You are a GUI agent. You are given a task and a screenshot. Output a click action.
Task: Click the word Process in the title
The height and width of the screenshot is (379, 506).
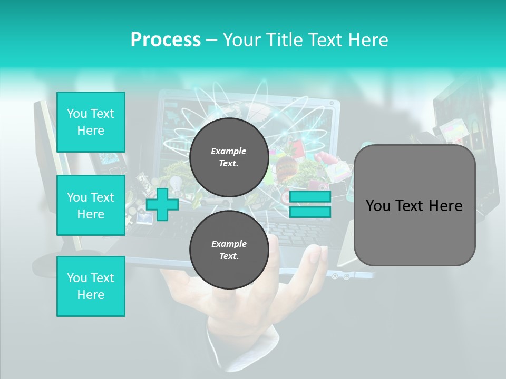click(x=166, y=40)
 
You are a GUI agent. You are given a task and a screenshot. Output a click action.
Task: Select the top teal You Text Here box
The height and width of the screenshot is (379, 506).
click(x=91, y=122)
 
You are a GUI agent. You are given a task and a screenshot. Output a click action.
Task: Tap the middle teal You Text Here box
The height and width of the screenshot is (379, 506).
click(x=91, y=205)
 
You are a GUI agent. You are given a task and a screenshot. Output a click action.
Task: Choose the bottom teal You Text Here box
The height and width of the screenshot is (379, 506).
click(x=91, y=286)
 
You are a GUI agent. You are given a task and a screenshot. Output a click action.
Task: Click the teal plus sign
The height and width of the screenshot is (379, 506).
click(x=162, y=204)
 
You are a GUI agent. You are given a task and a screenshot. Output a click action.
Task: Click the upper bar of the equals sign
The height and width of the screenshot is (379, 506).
click(x=310, y=197)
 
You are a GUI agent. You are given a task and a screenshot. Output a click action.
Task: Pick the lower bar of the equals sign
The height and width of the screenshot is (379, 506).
click(x=310, y=212)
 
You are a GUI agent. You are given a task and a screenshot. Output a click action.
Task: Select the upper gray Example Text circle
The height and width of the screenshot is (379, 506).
click(x=229, y=157)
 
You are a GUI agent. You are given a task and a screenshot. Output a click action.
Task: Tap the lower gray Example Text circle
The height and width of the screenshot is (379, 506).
click(x=229, y=250)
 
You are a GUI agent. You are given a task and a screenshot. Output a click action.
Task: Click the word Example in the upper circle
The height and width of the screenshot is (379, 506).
click(x=229, y=151)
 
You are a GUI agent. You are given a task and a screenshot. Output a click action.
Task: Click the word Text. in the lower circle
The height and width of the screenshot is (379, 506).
click(x=229, y=256)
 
